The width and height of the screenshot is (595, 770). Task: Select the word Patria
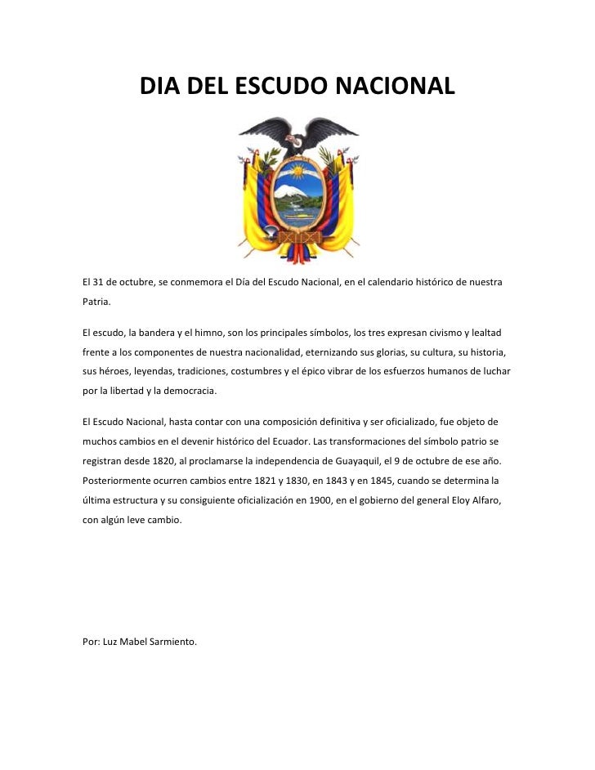coord(96,302)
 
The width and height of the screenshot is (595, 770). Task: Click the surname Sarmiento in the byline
coord(172,642)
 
